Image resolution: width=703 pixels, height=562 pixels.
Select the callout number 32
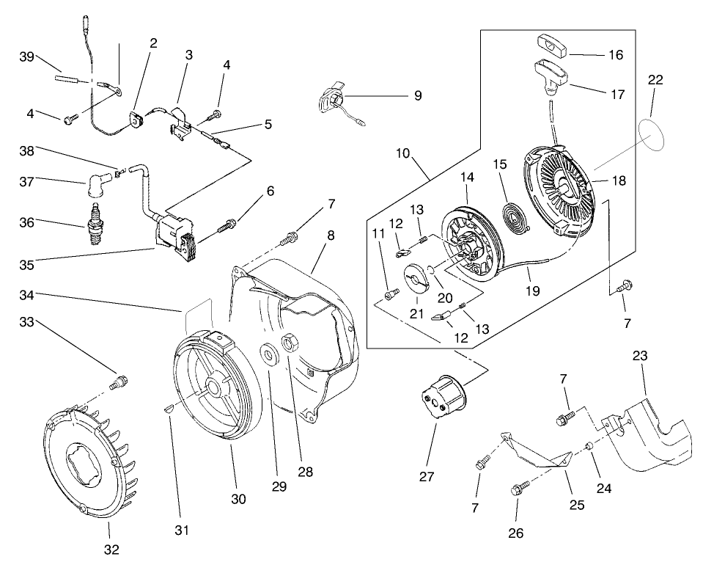[111, 548]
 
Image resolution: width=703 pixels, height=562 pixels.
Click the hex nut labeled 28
[289, 343]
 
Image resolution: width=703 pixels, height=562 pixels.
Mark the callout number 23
[640, 356]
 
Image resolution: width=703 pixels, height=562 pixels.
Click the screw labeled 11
[390, 294]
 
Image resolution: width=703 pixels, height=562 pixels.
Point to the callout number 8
[331, 236]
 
